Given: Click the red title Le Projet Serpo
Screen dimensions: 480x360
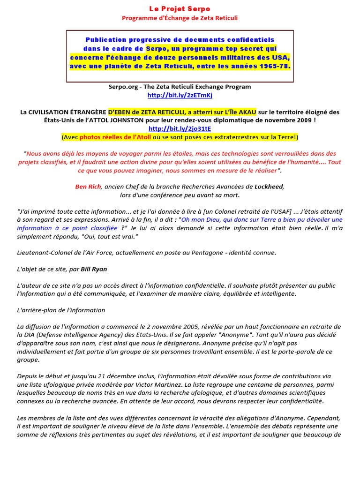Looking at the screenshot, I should (180, 9).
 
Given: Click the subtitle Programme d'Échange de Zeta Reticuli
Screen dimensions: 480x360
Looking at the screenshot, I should (180, 18).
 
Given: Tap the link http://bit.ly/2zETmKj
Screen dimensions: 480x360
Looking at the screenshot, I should (180, 95).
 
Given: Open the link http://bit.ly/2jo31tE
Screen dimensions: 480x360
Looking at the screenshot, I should (180, 128).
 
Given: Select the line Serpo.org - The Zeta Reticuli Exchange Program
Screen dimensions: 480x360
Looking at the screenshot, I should (180, 87).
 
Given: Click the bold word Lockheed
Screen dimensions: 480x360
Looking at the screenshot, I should (269, 187).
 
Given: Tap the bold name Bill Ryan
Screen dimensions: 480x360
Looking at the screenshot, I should (94, 269).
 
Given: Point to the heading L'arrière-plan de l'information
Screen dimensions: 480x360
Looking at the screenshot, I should (61, 310).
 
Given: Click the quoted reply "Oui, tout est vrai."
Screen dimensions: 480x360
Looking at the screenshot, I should (104, 236).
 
